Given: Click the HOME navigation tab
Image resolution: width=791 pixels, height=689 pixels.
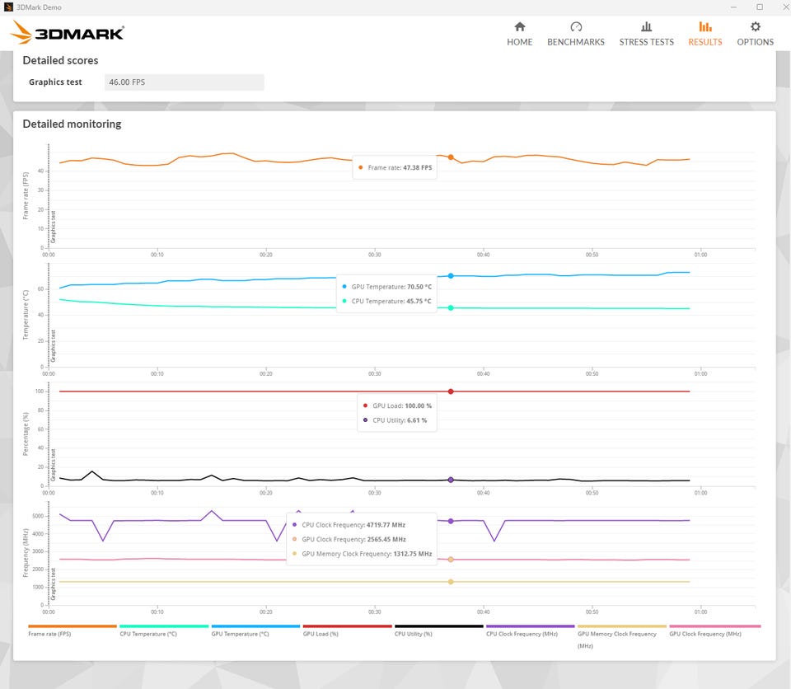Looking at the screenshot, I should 519,33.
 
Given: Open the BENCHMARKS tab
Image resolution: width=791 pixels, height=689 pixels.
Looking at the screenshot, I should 575,33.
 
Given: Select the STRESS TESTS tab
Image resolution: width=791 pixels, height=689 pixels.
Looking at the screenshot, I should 646,33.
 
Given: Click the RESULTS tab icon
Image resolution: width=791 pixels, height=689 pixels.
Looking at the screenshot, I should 704,27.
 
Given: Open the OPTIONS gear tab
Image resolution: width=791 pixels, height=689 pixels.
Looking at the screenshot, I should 755,33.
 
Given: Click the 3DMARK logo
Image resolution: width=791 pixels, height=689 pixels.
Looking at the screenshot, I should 68,33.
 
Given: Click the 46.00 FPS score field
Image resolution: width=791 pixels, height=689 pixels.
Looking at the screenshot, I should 185,82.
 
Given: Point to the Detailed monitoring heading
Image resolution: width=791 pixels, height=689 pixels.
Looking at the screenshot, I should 72,124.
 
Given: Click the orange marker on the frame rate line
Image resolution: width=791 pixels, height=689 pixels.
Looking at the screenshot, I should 451,157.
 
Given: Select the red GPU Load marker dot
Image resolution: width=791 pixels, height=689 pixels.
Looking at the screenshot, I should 451,391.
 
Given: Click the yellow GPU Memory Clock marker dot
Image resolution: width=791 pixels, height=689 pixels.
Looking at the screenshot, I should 451,582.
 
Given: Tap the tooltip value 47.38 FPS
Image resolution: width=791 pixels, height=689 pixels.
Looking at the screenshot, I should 417,167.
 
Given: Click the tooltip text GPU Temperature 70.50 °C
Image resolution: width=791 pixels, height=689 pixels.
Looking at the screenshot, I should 391,287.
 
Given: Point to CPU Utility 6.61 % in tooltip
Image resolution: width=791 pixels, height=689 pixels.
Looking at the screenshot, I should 400,420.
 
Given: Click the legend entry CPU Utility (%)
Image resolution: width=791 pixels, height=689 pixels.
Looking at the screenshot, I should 414,634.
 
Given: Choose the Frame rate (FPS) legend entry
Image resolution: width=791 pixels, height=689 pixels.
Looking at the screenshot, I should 49,634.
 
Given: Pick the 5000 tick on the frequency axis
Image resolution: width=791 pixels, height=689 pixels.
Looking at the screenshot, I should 37,516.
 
